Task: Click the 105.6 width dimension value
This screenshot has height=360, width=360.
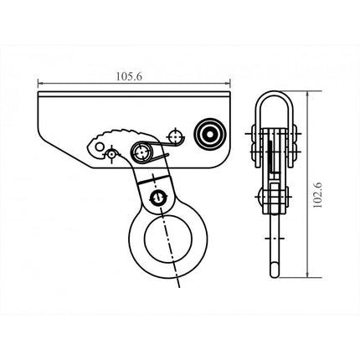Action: coord(131,75)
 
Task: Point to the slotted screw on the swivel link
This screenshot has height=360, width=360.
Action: coord(157,197)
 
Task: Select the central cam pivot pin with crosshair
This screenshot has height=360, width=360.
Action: coord(143,153)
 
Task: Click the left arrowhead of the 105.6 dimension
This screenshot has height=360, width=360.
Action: coord(40,84)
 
